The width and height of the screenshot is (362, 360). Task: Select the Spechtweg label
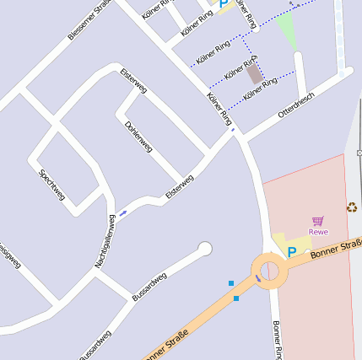pos(51,185)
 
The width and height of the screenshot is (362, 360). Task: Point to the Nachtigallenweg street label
pos(105,241)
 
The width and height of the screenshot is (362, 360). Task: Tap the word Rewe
pos(318,232)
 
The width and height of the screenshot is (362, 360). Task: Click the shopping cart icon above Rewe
pos(318,221)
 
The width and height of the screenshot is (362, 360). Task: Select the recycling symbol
pos(351,207)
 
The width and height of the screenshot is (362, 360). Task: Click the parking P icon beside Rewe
pos(292,251)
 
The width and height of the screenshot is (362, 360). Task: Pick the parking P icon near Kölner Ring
pos(224,4)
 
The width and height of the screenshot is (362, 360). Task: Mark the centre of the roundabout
pos(270,271)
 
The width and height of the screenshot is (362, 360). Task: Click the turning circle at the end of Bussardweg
pos(204,249)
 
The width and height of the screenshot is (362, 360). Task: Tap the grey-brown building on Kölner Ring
pos(254,74)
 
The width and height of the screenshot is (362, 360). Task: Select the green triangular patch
pos(288,31)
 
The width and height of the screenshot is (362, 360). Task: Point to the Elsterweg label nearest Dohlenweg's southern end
pos(180,186)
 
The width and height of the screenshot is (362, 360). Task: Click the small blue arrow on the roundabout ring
pos(258,278)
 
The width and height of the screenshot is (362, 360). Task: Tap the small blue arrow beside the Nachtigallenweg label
pos(123,212)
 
